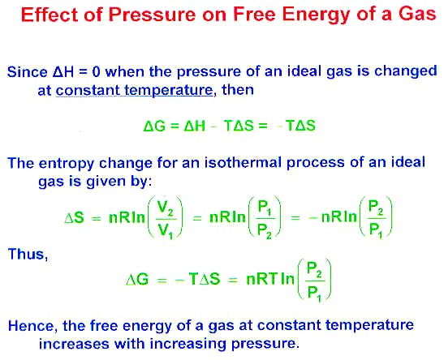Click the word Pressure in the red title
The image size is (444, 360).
coord(152,14)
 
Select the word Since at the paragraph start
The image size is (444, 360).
coord(27,72)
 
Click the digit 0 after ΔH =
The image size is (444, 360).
coord(97,72)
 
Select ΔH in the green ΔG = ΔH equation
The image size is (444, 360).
coord(195,126)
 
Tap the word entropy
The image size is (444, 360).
coord(66,164)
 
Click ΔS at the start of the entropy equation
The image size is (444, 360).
coord(75,218)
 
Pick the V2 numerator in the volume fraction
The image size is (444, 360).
coord(165,208)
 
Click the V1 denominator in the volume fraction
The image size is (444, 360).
coord(165,230)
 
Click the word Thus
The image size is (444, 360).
coord(28,254)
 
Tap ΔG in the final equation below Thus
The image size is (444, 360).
coord(137,280)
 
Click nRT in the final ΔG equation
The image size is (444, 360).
coord(262,279)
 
